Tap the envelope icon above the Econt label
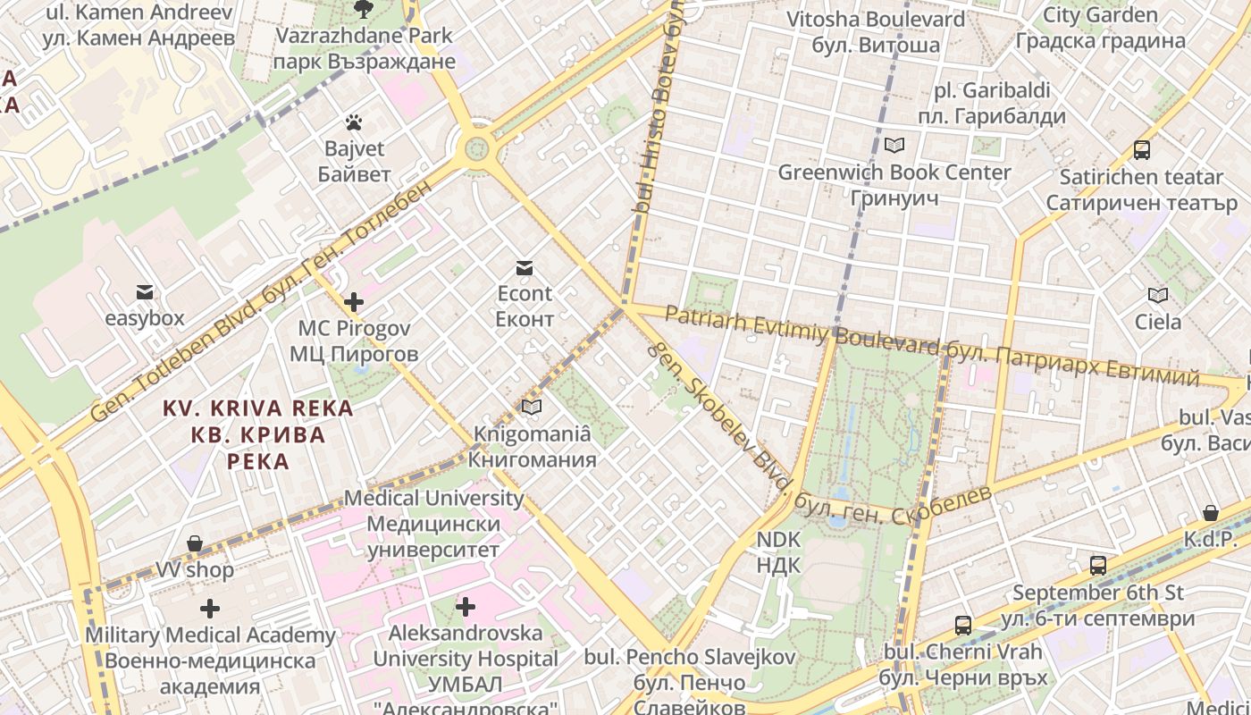(524, 267)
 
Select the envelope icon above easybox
(144, 292)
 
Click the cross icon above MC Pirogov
(354, 302)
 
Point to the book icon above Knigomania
(532, 408)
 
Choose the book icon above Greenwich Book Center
(894, 145)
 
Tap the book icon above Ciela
(1157, 295)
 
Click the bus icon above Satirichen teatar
(1141, 149)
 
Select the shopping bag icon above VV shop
(194, 543)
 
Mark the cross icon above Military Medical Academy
(210, 609)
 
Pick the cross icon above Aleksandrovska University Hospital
(465, 607)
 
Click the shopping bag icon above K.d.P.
(1210, 513)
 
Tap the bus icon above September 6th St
(1097, 565)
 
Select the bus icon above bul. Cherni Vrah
(962, 625)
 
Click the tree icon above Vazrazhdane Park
(363, 9)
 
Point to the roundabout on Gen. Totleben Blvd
(477, 145)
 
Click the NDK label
(779, 552)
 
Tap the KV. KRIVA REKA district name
(257, 435)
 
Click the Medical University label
(433, 523)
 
